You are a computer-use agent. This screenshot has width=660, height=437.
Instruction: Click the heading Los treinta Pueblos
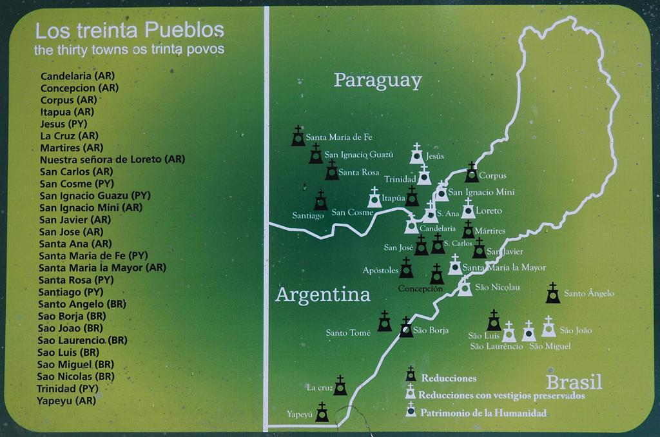coord(130,30)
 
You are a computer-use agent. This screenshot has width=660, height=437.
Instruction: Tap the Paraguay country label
coord(377,81)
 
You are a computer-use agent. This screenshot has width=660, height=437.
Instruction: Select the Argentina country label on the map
coord(323,295)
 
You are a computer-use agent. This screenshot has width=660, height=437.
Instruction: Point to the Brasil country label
coord(574,382)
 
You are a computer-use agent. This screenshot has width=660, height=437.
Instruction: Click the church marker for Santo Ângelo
coord(552,293)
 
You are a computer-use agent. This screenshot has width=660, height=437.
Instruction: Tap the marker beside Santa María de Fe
coord(298,136)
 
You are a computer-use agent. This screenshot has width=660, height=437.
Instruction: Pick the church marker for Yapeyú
coord(322,413)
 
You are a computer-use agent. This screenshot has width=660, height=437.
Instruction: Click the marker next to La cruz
coord(340,385)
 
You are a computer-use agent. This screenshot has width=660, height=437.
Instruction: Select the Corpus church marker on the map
coord(472,173)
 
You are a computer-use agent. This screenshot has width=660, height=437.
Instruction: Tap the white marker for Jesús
coord(416,154)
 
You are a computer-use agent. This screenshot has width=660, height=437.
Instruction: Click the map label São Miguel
coord(549,346)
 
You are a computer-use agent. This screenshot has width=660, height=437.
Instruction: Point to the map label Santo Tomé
coord(348,333)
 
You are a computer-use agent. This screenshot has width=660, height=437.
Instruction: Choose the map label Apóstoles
coord(380,271)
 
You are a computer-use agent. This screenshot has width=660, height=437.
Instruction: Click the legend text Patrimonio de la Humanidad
coord(483,413)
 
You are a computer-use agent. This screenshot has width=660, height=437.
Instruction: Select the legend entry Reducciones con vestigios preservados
coord(501,395)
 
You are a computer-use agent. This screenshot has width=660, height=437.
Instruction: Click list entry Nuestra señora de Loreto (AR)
coord(112,159)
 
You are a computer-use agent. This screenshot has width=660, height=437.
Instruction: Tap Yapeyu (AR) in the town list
coord(66,400)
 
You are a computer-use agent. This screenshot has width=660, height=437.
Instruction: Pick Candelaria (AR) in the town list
coord(77,75)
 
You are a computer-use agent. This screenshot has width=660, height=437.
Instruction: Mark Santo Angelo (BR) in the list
coord(82,304)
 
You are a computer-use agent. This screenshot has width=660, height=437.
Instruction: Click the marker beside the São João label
coord(548,327)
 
